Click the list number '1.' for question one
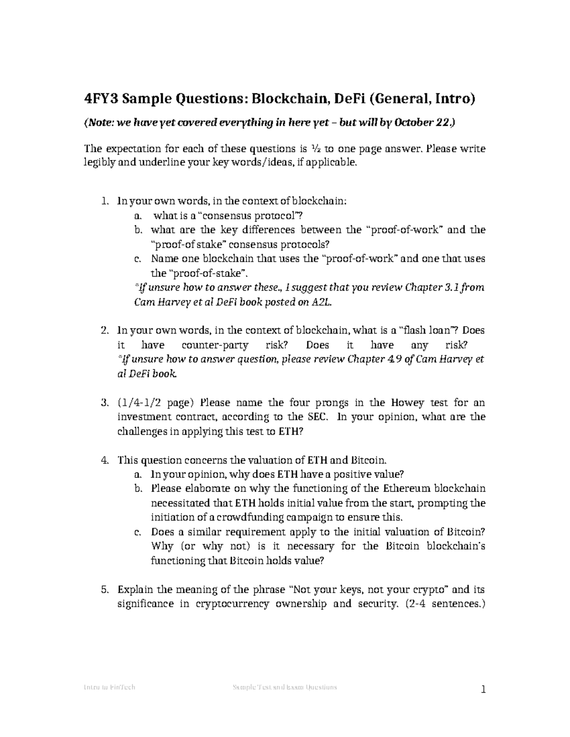pos(106,201)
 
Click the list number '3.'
pos(106,403)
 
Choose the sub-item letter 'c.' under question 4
pos(137,532)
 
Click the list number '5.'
pos(106,590)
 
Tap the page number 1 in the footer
pos(483,690)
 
